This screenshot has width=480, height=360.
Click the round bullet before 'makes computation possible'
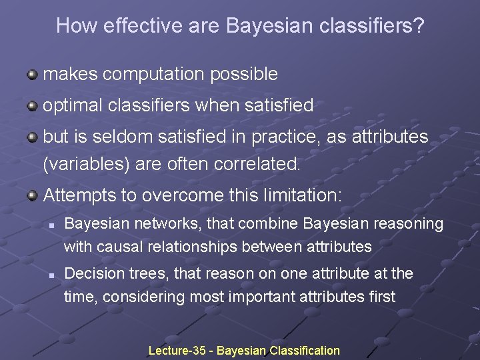pyautogui.click(x=32, y=74)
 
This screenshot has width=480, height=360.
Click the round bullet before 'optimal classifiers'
pyautogui.click(x=32, y=105)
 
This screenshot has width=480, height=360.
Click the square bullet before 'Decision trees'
pyautogui.click(x=51, y=274)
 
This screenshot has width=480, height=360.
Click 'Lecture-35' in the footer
pyautogui.click(x=177, y=350)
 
